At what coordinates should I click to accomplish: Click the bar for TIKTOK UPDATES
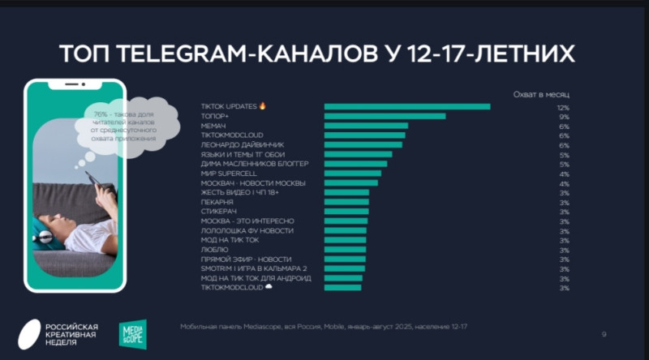[407, 106]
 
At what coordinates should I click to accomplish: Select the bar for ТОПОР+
[385, 116]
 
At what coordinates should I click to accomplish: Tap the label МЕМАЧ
[213, 126]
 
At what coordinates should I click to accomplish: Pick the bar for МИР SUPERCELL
[353, 173]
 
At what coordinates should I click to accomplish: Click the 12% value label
[562, 107]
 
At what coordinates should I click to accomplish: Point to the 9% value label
[564, 117]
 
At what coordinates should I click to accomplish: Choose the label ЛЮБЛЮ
[213, 249]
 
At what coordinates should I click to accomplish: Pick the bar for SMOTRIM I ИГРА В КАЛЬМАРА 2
[345, 268]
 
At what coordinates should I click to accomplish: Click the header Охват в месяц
[541, 93]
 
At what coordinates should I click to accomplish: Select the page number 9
[604, 333]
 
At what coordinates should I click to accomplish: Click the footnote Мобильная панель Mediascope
[324, 326]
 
